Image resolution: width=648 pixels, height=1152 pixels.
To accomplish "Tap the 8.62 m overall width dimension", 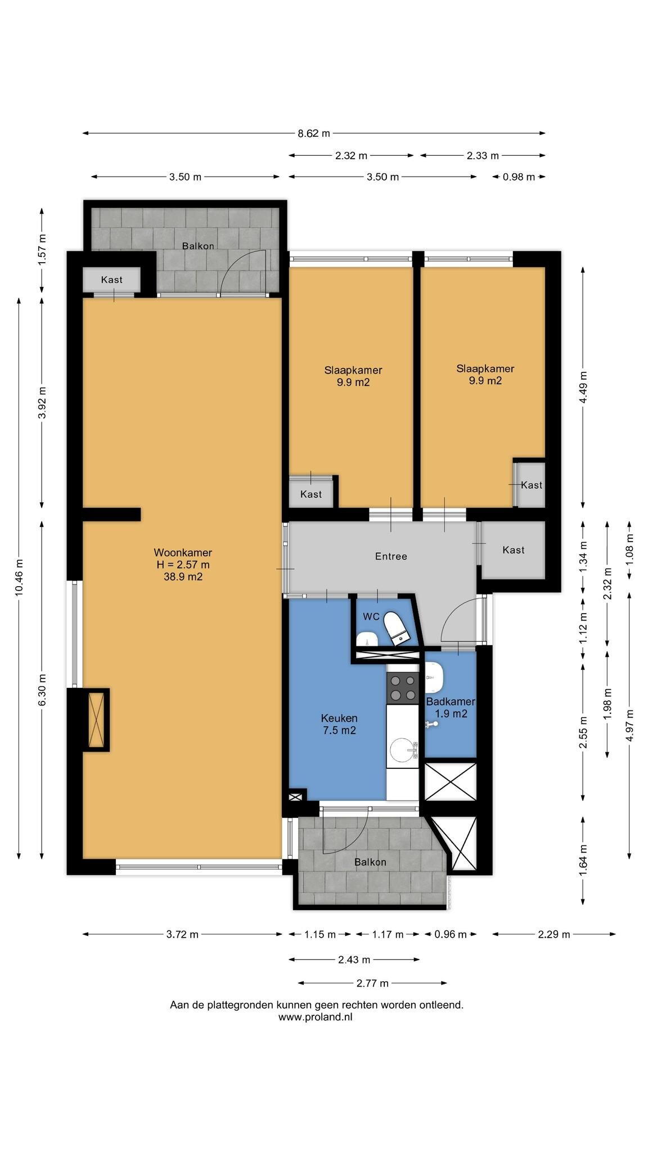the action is (x=314, y=133).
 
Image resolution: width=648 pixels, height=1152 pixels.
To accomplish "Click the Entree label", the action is (x=391, y=556).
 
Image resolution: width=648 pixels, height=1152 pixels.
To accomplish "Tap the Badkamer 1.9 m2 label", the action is (x=451, y=708).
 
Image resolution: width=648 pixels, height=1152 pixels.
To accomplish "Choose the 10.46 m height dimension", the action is (x=19, y=578).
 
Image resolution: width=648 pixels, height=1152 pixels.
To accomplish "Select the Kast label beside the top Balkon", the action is (x=111, y=280).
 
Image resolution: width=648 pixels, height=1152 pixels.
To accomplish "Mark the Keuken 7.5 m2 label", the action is (x=339, y=724).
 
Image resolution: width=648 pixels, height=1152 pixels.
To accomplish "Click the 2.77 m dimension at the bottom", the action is (x=372, y=983).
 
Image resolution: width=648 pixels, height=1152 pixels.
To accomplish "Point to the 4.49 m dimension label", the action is (x=584, y=386).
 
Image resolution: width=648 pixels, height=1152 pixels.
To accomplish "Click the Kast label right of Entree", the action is (x=514, y=550).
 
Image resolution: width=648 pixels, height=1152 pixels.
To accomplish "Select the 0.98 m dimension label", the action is (x=519, y=177).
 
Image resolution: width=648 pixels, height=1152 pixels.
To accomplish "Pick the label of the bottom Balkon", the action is (x=370, y=862).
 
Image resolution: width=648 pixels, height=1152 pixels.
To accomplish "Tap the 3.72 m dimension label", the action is (x=182, y=934).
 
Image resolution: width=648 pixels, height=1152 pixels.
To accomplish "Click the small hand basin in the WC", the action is (x=367, y=639).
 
